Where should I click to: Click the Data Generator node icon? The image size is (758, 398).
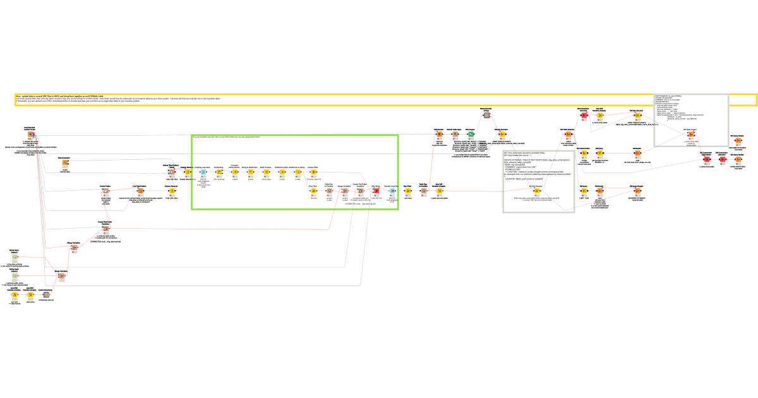pyautogui.click(x=65, y=163)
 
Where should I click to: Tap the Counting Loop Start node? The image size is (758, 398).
pyautogui.click(x=203, y=172)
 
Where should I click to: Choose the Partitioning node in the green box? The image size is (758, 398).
pyautogui.click(x=219, y=172)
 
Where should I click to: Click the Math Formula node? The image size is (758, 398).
pyautogui.click(x=266, y=172)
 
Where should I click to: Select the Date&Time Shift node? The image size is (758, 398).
pyautogui.click(x=282, y=172)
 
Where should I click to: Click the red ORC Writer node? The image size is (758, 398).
pyautogui.click(x=376, y=190)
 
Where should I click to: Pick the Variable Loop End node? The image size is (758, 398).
pyautogui.click(x=392, y=190)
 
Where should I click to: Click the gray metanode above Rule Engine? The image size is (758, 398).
pyautogui.click(x=486, y=115)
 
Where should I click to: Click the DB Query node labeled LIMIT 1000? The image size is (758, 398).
pyautogui.click(x=584, y=191)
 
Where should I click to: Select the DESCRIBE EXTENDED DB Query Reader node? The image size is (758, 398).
pyautogui.click(x=636, y=191)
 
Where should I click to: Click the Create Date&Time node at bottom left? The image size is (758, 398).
pyautogui.click(x=45, y=295)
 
